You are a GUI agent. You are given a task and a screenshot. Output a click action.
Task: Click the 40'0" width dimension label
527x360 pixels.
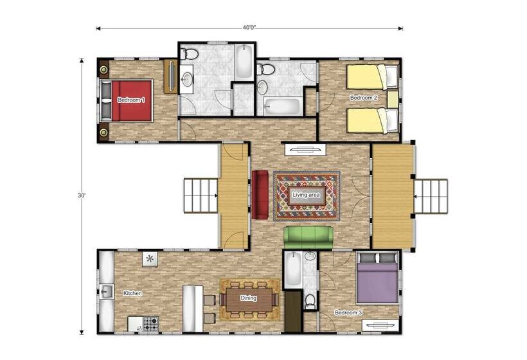pos(249,28)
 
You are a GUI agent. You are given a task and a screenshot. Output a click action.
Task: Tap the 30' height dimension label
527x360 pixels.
pos(82,195)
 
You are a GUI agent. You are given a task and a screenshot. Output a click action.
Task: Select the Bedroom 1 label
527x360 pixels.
pos(131,100)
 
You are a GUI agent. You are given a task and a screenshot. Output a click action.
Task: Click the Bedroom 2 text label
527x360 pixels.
pos(363,98)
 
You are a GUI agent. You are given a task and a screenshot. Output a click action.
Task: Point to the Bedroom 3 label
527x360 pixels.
pos(348,312)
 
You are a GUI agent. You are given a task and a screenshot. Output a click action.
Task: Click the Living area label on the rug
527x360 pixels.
pos(306,195)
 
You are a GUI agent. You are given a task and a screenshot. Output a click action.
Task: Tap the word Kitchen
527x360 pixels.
pos(132,293)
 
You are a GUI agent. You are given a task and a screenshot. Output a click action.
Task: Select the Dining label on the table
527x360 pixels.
pos(249,298)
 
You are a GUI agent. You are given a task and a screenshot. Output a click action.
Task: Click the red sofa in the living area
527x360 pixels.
pos(260,195)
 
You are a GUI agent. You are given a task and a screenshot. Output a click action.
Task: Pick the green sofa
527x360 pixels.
pos(308,238)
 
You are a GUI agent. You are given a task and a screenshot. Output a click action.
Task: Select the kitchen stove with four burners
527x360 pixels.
pos(151,324)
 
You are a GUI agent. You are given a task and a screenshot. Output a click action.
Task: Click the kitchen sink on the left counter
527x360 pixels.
pos(107,292)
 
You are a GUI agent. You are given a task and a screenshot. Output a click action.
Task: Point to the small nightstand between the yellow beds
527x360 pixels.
pos(392,99)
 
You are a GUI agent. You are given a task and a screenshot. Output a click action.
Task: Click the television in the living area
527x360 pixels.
pos(305,150)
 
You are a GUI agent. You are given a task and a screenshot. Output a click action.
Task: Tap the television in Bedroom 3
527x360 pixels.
pos(380,325)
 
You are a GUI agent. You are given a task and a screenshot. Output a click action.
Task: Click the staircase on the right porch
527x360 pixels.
pos(431,196)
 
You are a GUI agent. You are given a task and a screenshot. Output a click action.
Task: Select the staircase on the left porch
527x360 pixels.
pos(201,195)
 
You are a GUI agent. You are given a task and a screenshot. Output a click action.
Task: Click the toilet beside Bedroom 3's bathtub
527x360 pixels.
pos(310,301)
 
